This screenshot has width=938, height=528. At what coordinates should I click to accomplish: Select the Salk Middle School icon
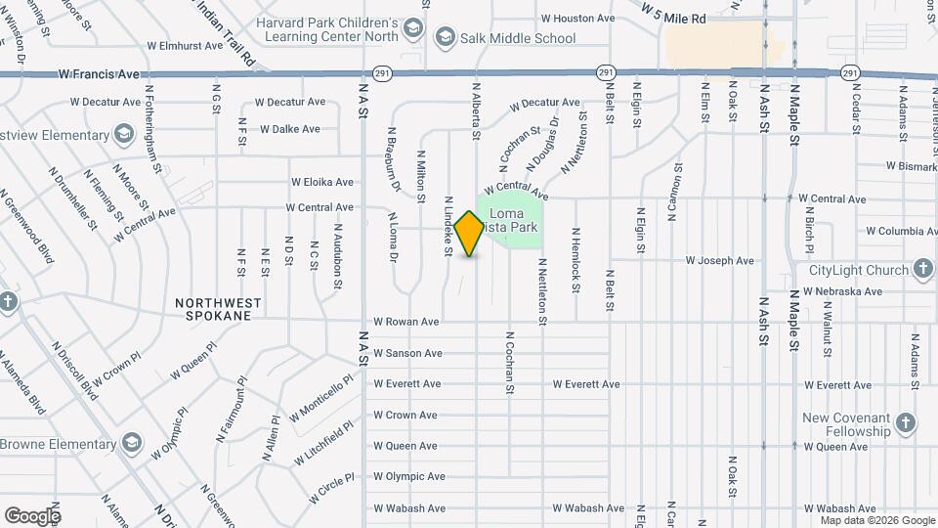[x=446, y=38]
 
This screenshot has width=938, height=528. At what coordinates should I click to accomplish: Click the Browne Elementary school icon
[x=132, y=444]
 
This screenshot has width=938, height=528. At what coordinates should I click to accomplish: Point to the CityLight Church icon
[x=923, y=270]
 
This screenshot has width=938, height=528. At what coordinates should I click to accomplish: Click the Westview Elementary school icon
[x=123, y=132]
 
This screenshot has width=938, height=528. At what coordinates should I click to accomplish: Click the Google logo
[x=31, y=515]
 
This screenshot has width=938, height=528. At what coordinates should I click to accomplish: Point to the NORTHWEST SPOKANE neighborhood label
[x=219, y=310]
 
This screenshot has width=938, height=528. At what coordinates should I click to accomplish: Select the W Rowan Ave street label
[x=405, y=322]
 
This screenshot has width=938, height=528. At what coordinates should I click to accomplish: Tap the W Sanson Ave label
[x=407, y=353]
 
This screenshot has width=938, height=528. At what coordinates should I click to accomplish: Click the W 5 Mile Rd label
[x=674, y=14]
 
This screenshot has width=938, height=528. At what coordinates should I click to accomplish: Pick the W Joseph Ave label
[x=719, y=261]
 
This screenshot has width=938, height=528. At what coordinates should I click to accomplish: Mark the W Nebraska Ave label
[x=843, y=291]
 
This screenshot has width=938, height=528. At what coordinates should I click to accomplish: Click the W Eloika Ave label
[x=322, y=182]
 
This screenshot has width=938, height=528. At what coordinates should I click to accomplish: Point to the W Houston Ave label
[x=577, y=18]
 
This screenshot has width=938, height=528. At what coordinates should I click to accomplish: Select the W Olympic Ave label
[x=409, y=477]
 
